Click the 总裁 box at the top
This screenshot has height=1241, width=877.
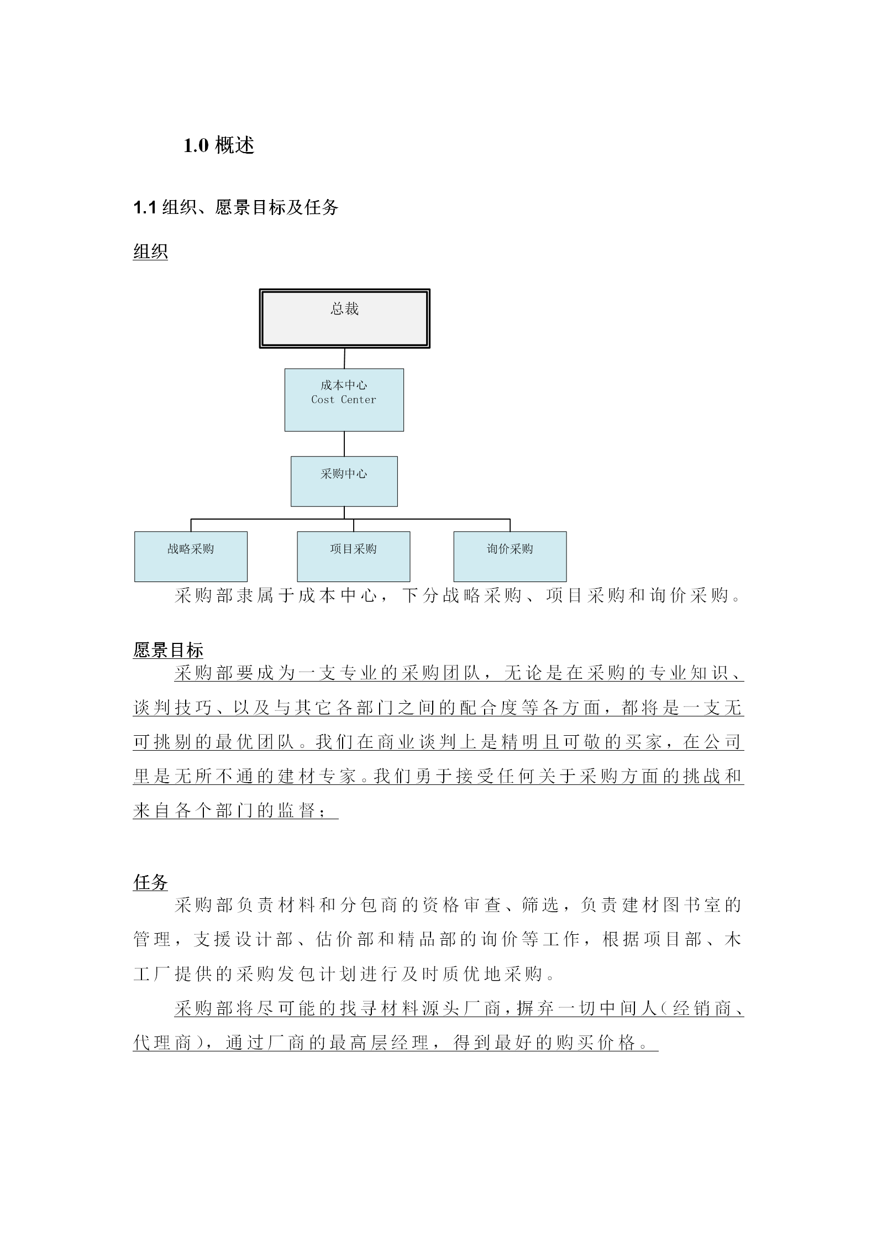tap(344, 318)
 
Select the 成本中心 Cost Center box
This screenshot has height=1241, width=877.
tap(344, 400)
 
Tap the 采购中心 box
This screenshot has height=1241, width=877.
tap(344, 481)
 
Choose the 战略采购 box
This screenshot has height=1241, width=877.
tap(191, 556)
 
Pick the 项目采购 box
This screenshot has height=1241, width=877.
tap(353, 556)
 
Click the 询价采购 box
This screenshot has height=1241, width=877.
tap(510, 556)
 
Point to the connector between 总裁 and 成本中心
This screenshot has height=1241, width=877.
tap(344, 358)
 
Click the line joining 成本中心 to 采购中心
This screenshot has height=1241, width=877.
tap(344, 443)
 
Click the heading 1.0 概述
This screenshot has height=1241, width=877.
tap(219, 145)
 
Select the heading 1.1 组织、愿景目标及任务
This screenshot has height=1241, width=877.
tap(235, 208)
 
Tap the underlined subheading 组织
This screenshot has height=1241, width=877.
tap(150, 252)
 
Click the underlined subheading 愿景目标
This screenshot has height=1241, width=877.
tap(168, 650)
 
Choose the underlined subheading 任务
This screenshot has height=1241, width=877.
tap(150, 882)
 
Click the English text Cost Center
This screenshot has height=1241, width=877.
tap(343, 400)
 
